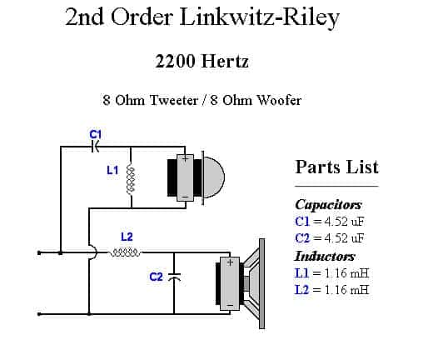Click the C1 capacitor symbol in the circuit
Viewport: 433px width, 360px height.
pyautogui.click(x=95, y=147)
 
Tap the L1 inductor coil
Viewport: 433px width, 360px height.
pyautogui.click(x=131, y=180)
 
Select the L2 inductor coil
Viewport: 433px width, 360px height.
pyautogui.click(x=125, y=252)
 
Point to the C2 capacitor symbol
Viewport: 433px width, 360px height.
pyautogui.click(x=174, y=277)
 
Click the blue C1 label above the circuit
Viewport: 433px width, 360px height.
pyautogui.click(x=96, y=134)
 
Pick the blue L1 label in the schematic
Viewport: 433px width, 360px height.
pyautogui.click(x=112, y=170)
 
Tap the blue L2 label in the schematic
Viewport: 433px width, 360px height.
pyautogui.click(x=127, y=237)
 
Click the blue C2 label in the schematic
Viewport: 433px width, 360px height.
pyautogui.click(x=156, y=277)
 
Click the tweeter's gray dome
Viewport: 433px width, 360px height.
pyautogui.click(x=214, y=177)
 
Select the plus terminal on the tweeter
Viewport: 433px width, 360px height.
pyautogui.click(x=185, y=158)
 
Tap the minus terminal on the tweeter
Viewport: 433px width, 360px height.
pyautogui.click(x=185, y=197)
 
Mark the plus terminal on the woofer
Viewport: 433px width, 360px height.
pyautogui.click(x=230, y=262)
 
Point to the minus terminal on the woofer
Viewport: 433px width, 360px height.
pyautogui.click(x=230, y=305)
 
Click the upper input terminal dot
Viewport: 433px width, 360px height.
pyautogui.click(x=39, y=252)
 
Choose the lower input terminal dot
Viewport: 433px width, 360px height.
pyautogui.click(x=39, y=314)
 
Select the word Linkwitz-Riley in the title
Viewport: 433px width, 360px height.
pyautogui.click(x=260, y=17)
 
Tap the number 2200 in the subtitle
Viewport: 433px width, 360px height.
pyautogui.click(x=175, y=61)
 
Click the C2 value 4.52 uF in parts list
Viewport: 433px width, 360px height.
pyautogui.click(x=344, y=238)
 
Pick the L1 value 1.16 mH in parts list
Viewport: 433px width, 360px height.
pyautogui.click(x=346, y=273)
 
